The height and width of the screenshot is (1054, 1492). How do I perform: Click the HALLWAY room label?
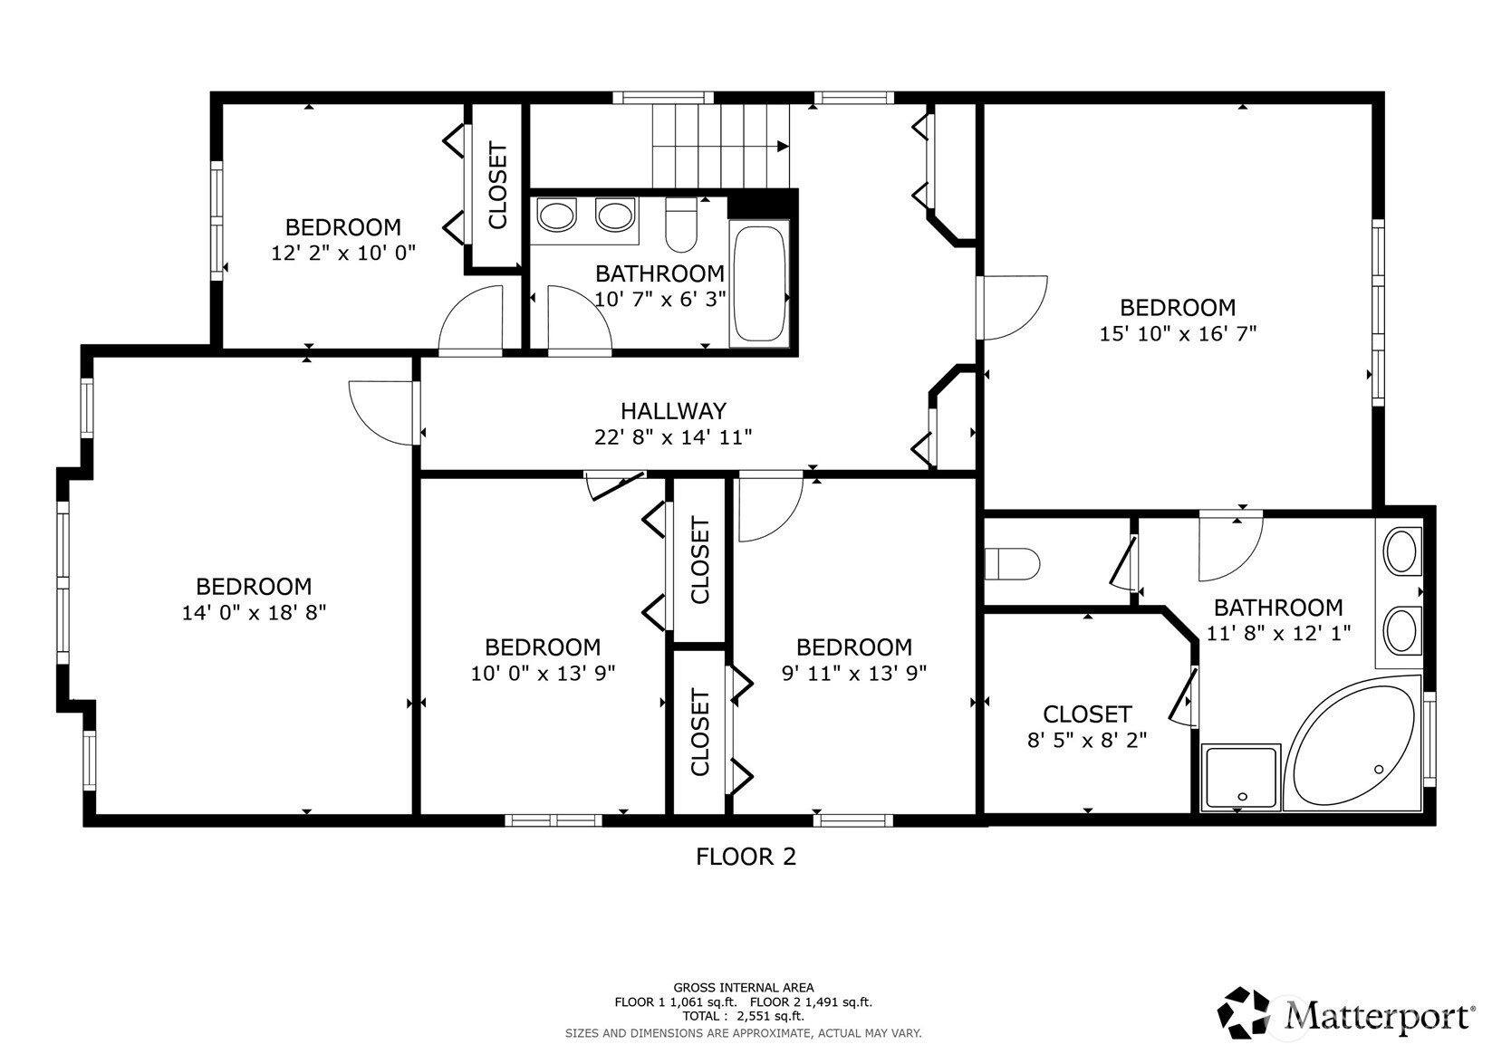coord(673,410)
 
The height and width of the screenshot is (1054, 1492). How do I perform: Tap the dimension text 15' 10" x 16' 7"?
coord(1178,333)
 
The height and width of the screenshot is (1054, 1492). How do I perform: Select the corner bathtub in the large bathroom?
coord(1352,743)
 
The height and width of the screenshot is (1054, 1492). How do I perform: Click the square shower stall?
coord(1240,777)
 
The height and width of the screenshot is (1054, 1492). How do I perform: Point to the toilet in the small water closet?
coord(1012,564)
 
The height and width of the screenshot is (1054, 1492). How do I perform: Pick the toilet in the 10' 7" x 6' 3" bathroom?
coord(680,225)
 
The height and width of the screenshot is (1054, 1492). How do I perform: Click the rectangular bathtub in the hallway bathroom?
coord(758,283)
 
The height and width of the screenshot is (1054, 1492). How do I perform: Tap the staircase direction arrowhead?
coord(784,147)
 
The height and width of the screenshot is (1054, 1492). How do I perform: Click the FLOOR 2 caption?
coord(746,857)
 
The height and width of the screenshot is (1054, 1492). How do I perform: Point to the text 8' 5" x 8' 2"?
coord(1087,740)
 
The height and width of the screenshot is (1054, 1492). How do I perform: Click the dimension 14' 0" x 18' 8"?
coord(254,612)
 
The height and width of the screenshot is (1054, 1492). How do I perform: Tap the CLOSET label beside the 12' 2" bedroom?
coord(497,185)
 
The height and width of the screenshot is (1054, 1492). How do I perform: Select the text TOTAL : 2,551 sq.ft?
coord(744,1016)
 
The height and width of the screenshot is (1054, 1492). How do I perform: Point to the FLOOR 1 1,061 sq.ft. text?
coord(676,1002)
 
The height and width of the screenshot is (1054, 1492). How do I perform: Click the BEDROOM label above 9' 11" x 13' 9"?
coord(854,647)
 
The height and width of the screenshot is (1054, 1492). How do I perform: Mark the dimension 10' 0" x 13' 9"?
coord(543,673)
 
